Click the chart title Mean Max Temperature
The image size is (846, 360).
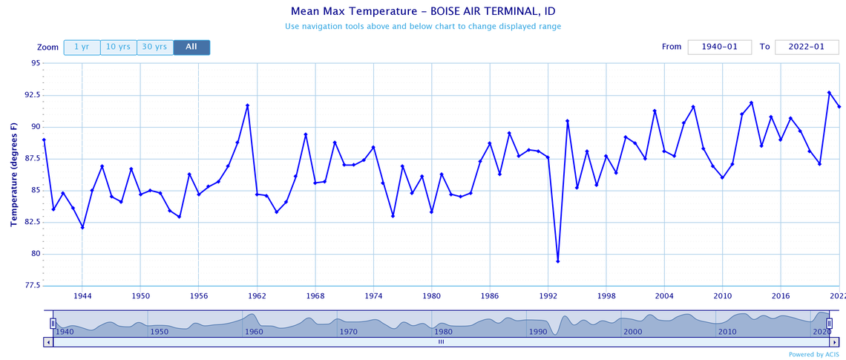(422, 11)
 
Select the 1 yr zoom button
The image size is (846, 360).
(82, 47)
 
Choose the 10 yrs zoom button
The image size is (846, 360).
(118, 47)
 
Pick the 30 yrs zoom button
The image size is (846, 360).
(154, 47)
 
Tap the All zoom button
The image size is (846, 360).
(191, 47)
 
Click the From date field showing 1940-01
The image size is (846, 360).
(719, 47)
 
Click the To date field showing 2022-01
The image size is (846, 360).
(806, 47)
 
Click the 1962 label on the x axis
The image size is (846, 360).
(257, 295)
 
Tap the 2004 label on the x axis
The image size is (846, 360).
(664, 295)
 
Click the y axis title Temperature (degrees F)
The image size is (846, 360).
(14, 174)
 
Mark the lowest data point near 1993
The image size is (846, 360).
(557, 261)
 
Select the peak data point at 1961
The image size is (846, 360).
(247, 105)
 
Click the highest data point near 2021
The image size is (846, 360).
(829, 93)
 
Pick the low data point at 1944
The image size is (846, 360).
(82, 227)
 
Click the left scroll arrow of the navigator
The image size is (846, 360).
(48, 341)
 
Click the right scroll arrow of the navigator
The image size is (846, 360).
(834, 341)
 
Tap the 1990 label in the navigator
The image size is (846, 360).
(538, 331)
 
